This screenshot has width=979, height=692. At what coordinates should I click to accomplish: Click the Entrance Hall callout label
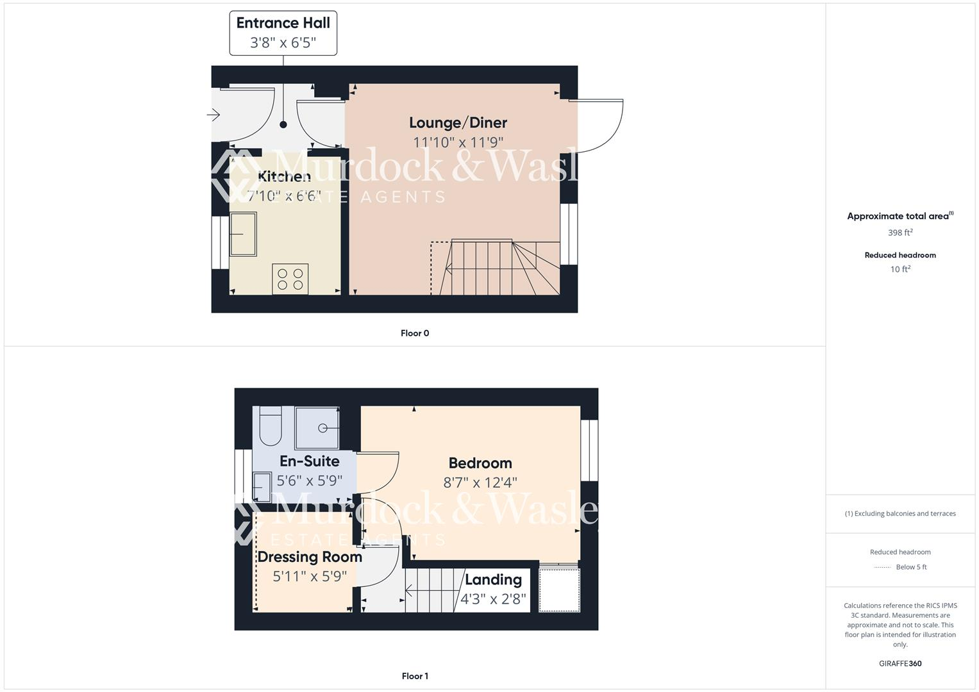[283, 33]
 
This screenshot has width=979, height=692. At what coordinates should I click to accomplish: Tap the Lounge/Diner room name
[458, 122]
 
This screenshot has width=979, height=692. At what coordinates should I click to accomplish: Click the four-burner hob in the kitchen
[290, 279]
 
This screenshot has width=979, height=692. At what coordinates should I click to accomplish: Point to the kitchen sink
[243, 234]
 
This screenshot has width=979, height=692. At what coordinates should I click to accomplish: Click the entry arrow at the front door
[213, 115]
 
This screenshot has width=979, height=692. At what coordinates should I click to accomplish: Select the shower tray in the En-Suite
[317, 428]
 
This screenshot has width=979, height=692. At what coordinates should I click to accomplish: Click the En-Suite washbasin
[263, 486]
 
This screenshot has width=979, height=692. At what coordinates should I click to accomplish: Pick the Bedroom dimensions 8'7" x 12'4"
[480, 482]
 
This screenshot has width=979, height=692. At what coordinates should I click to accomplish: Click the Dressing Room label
[310, 557]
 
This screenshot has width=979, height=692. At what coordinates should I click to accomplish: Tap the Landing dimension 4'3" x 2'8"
[493, 600]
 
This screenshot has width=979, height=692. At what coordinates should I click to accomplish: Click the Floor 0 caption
[415, 333]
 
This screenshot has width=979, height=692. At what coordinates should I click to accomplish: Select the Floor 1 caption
[415, 676]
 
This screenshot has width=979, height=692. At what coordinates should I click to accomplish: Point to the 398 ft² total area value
[900, 233]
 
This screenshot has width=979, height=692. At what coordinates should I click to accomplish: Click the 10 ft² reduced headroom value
[900, 269]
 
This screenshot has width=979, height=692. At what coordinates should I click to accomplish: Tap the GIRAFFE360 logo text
[900, 664]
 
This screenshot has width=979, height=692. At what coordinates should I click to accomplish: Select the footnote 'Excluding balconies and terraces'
[900, 513]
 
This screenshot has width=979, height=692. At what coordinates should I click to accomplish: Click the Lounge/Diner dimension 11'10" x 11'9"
[458, 142]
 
